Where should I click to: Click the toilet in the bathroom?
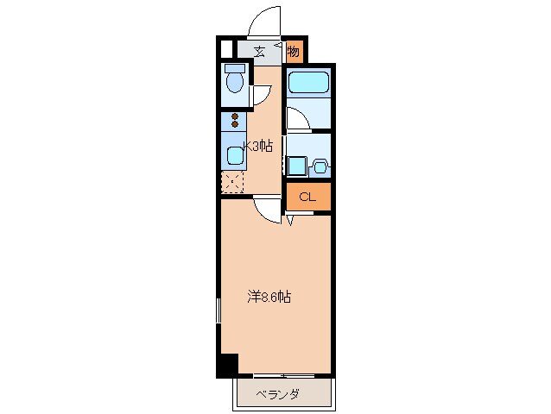coord(233,81)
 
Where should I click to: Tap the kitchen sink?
coord(234,156)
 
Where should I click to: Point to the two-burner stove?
coord(234,121)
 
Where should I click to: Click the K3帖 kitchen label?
coord(257,147)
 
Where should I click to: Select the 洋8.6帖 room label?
coord(269,298)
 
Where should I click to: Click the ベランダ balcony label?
coord(278,395)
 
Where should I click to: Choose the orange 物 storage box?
coord(294,51)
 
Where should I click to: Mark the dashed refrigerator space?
coord(232,183)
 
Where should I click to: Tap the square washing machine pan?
coord(296,166)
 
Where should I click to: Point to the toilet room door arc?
coord(259,97)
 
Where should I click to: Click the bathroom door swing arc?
coord(296,118)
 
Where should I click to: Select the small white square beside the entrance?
coord(227,50)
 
